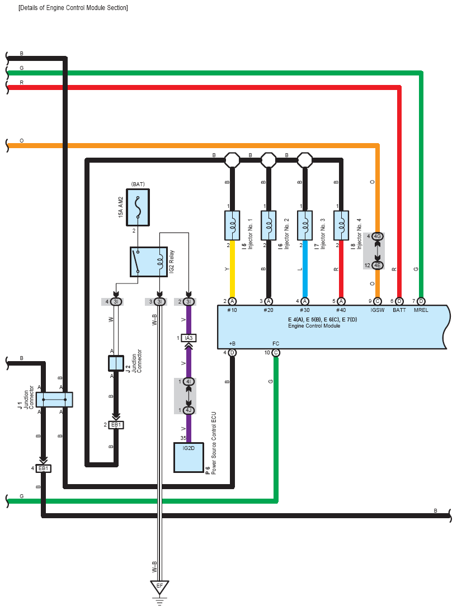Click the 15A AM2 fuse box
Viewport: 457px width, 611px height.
tap(138, 207)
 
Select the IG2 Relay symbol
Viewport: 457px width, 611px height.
tap(149, 262)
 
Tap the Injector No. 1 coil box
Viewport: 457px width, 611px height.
tap(232, 225)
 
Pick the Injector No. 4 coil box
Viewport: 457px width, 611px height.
tap(341, 225)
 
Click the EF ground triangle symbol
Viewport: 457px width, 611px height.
tap(159, 586)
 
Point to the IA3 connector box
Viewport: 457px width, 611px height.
tap(189, 338)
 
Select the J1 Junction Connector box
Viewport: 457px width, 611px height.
tap(54, 399)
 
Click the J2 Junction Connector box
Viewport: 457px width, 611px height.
tap(116, 363)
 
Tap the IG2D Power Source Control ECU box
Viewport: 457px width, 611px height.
tap(189, 457)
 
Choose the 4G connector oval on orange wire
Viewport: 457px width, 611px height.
tap(377, 236)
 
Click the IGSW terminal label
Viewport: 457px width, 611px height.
tap(378, 310)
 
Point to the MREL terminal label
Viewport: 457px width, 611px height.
tap(421, 310)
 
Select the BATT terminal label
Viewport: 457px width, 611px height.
tap(399, 310)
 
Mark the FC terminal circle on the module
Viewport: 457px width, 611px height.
tap(276, 353)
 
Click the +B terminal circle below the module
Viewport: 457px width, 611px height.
tap(232, 353)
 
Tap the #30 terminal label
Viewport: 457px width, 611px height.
tap(305, 310)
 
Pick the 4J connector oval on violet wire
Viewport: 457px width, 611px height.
tap(189, 410)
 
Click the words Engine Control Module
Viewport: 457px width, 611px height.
tap(314, 326)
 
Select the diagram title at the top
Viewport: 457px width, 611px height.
tap(73, 7)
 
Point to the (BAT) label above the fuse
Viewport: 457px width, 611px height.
tap(138, 184)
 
